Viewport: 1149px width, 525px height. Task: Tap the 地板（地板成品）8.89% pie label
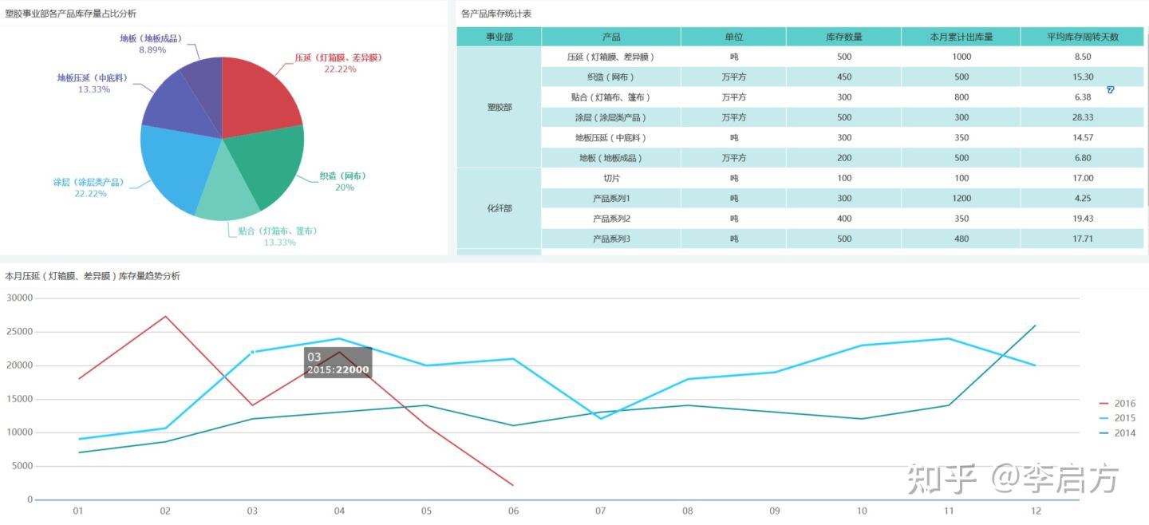[x=151, y=44]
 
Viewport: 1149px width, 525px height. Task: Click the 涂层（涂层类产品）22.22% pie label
[x=88, y=187]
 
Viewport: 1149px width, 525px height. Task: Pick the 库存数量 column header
[x=843, y=37]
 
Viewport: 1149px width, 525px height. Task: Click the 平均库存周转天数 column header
[x=1082, y=37]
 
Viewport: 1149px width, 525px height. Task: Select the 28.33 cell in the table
[x=1082, y=117]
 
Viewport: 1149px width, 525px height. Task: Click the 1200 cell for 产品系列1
[x=961, y=198]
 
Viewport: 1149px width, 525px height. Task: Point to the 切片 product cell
[x=610, y=178]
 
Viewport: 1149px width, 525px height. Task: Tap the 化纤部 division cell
[x=499, y=208]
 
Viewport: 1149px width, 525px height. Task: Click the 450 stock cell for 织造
[x=843, y=77]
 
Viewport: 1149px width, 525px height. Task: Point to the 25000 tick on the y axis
[x=19, y=331]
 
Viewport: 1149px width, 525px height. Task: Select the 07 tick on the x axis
[x=600, y=511]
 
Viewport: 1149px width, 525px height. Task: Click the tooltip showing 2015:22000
[x=337, y=363]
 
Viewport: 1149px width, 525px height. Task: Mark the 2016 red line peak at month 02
[x=165, y=317]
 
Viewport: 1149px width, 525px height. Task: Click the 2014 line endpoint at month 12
[x=1036, y=326]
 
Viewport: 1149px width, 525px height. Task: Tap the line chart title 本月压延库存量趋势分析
[x=93, y=276]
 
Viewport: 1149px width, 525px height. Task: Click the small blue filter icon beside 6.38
[x=1110, y=90]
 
